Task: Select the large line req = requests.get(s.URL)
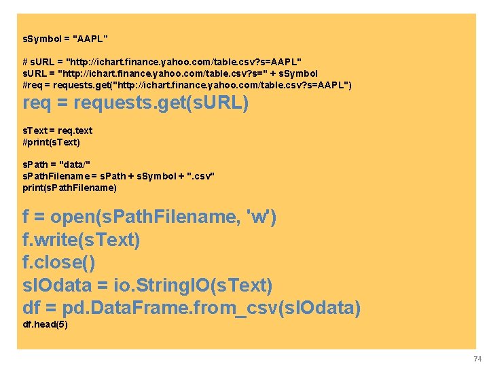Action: (x=136, y=104)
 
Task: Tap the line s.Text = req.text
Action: (x=58, y=130)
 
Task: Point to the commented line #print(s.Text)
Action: (x=52, y=142)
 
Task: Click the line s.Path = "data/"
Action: (x=57, y=165)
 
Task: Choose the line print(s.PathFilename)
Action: (x=70, y=187)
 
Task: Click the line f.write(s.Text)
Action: (x=81, y=240)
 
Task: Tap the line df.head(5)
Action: (x=46, y=325)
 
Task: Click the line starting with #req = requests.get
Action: (x=187, y=84)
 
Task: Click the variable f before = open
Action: (x=26, y=217)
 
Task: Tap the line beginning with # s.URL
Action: (x=162, y=62)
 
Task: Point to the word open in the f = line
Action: (x=73, y=217)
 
